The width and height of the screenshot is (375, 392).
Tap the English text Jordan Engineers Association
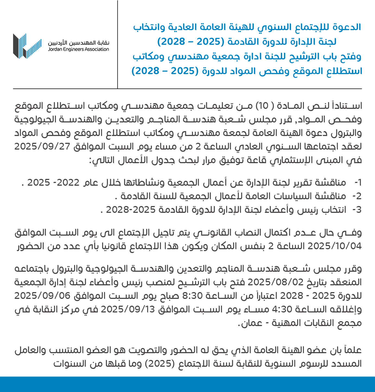pos(78,49)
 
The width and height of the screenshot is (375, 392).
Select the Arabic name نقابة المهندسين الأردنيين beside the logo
pos(78,43)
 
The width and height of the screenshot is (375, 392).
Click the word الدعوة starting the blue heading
pos(348,27)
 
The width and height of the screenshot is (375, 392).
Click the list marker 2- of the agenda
pos(357,196)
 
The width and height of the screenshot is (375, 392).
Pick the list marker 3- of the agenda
pos(357,210)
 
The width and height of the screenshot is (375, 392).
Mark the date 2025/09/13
pos(128,309)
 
